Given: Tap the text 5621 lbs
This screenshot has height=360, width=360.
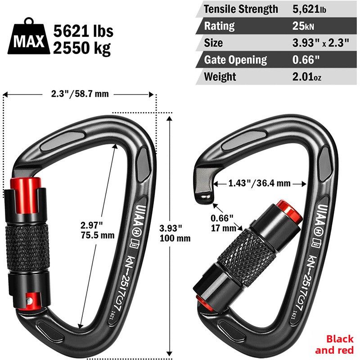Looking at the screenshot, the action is click(x=83, y=31).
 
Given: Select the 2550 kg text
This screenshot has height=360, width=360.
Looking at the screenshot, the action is click(x=82, y=48).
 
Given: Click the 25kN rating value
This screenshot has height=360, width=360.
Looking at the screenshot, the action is click(x=303, y=26).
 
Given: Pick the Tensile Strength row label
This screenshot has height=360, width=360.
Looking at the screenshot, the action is click(x=241, y=9).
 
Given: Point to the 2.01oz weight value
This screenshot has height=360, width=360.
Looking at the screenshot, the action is click(x=307, y=76).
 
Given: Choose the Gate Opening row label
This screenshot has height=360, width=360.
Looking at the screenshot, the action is click(x=235, y=60).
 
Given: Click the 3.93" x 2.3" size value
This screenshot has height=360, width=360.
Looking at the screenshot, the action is click(x=321, y=43).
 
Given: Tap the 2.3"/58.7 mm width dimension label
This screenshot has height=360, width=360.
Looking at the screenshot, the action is click(x=80, y=94).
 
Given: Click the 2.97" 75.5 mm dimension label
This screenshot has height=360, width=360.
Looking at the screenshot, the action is click(x=97, y=230).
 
